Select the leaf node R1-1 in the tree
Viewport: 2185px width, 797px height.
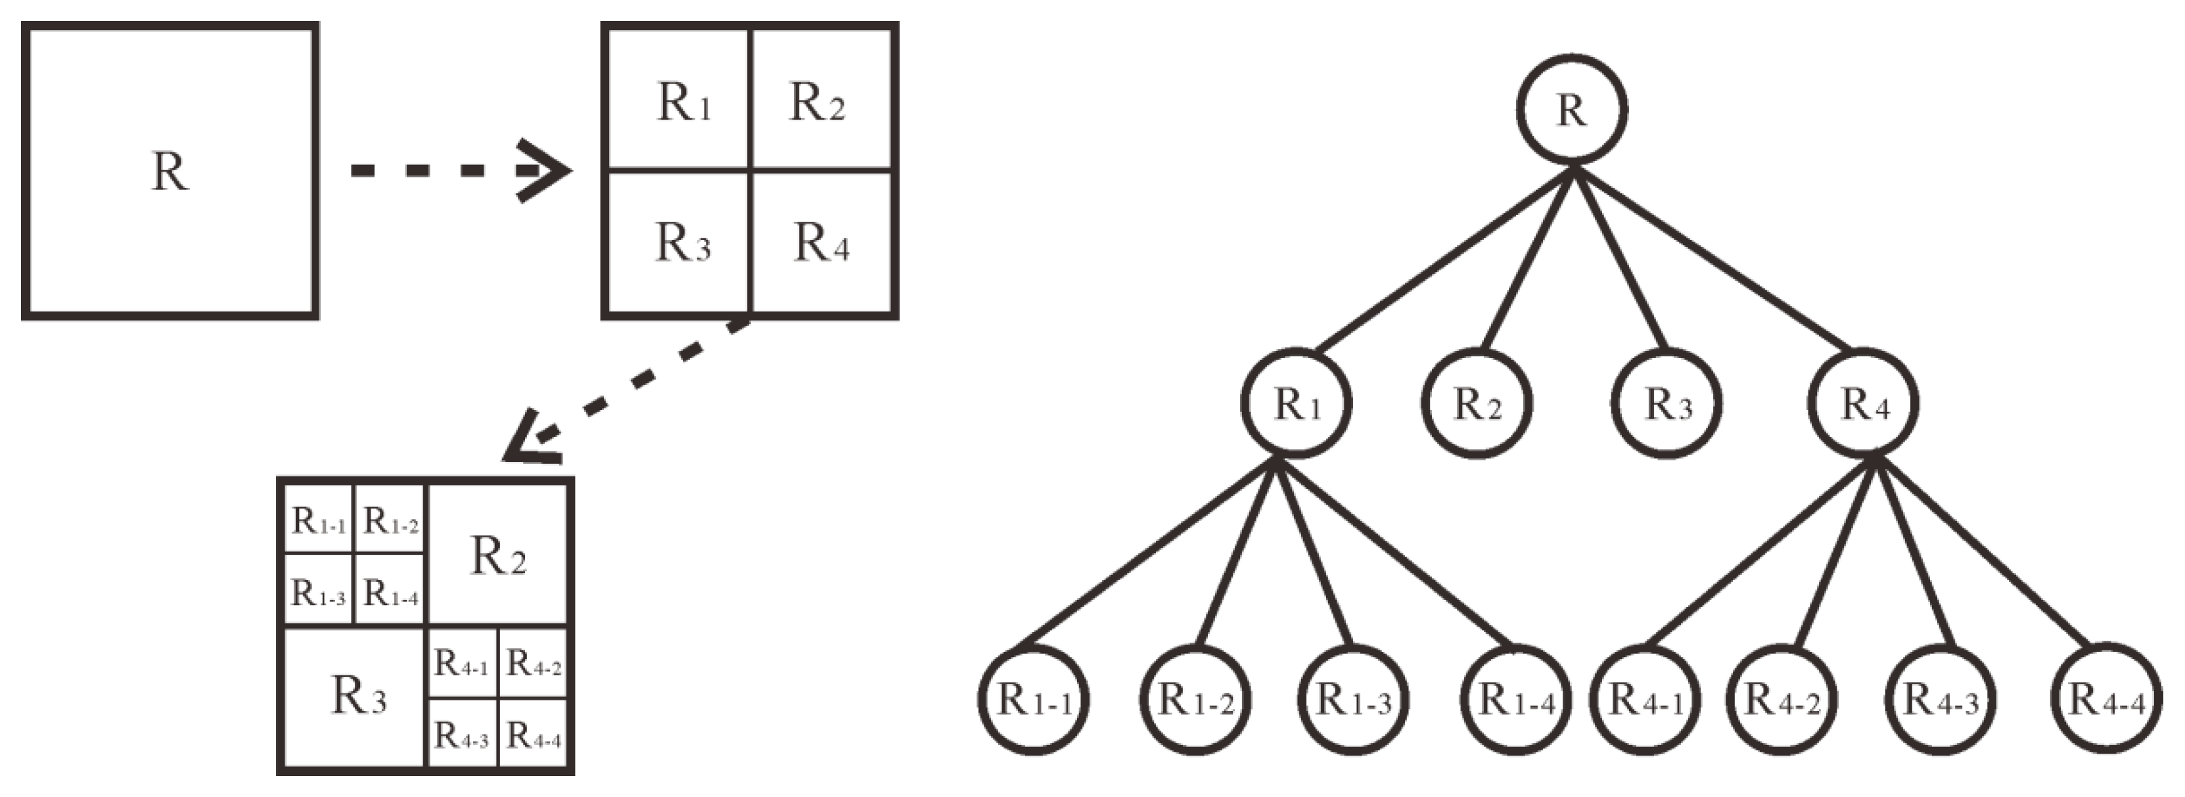pos(1033,700)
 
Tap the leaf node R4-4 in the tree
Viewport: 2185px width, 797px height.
pos(2106,700)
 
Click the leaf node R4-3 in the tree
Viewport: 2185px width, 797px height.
pos(1941,700)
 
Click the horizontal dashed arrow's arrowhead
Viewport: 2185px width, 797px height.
pos(547,170)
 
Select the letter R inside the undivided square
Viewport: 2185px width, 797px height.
pos(170,171)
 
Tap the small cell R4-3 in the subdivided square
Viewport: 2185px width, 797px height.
pos(461,735)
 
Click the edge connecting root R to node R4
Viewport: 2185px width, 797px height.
pos(1713,259)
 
